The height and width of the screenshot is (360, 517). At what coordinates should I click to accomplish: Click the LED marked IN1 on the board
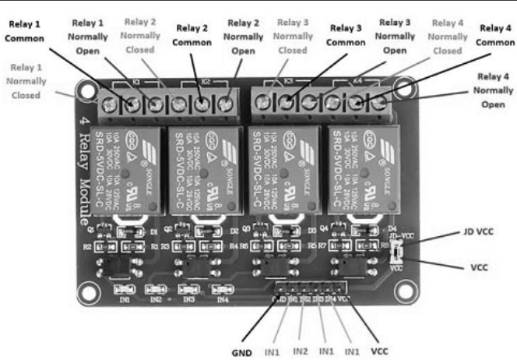pyautogui.click(x=128, y=289)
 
